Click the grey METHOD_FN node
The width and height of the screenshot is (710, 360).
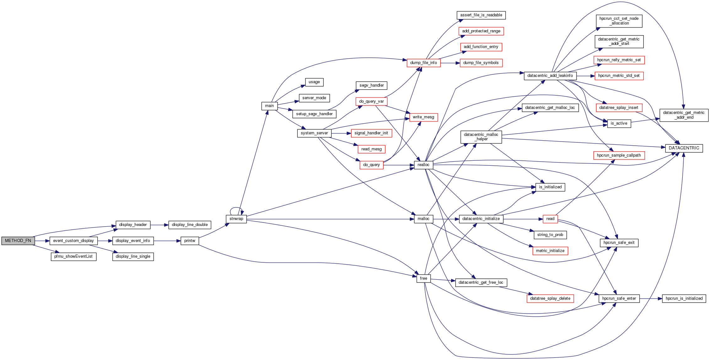coord(18,241)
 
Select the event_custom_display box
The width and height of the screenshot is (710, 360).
coord(73,241)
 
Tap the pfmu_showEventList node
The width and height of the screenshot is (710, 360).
coord(73,257)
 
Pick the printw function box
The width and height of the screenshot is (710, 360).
coord(190,241)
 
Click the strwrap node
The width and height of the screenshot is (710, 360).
coord(236,219)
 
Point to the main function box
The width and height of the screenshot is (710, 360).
coord(269,106)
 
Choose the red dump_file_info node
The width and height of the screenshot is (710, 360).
coord(423,63)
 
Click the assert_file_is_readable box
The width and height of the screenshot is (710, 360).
coord(481,15)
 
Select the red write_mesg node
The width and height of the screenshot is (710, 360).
coord(423,117)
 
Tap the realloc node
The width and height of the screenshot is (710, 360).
coord(423,165)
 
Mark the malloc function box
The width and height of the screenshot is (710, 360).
coord(423,219)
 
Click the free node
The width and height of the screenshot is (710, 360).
coord(423,278)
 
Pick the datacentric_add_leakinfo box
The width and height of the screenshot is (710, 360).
coord(550,76)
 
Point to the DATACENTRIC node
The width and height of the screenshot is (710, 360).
coord(684,148)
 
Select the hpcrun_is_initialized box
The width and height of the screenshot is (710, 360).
coord(684,298)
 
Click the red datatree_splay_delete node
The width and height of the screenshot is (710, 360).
coord(550,298)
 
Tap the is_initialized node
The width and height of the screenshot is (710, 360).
coord(550,187)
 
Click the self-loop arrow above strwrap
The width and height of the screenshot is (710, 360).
coord(236,208)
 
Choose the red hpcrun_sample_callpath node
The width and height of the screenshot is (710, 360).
coord(619,155)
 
